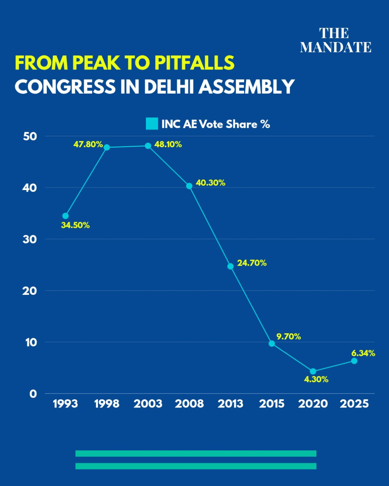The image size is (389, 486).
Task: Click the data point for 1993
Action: pos(65,216)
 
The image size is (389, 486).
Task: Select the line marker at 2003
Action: pos(148,146)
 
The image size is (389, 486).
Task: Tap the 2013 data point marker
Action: pos(231,266)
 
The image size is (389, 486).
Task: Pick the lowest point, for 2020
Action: pos(313,372)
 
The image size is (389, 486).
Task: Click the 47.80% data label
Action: pos(88,144)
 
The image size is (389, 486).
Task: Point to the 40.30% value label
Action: pos(210,183)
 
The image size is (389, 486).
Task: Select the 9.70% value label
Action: pos(289,337)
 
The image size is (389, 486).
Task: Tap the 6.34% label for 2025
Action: pos(363,353)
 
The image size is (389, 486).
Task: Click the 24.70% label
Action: pos(252,263)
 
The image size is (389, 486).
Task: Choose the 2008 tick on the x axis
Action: pos(189,404)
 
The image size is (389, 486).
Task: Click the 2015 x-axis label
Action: pos(272,404)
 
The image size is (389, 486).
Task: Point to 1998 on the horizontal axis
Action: pos(107,404)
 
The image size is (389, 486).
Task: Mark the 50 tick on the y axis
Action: pos(30,136)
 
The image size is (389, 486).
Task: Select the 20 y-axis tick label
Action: pos(30,291)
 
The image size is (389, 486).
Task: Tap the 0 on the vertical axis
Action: pos(33,394)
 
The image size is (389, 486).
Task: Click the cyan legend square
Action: pos(152,124)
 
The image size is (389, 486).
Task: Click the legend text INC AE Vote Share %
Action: pos(215,124)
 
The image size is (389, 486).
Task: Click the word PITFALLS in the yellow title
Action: pos(194,63)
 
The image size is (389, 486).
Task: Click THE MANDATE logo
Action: pos(335,40)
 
